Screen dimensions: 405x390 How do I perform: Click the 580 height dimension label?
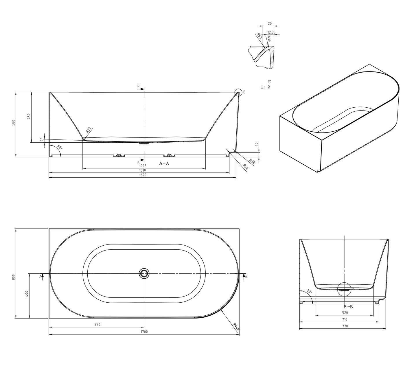(x=14, y=123)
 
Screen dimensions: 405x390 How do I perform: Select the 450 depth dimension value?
(x=29, y=116)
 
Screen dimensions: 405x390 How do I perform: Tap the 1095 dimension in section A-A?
(x=143, y=166)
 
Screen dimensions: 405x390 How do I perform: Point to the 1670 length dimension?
(x=143, y=175)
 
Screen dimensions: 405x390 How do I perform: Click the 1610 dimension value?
(x=143, y=170)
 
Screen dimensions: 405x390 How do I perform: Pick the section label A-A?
(x=164, y=163)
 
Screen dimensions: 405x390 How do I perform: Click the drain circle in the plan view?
(x=144, y=273)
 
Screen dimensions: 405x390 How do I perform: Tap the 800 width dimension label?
(x=14, y=277)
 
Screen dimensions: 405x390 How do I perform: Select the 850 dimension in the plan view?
(x=97, y=324)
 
